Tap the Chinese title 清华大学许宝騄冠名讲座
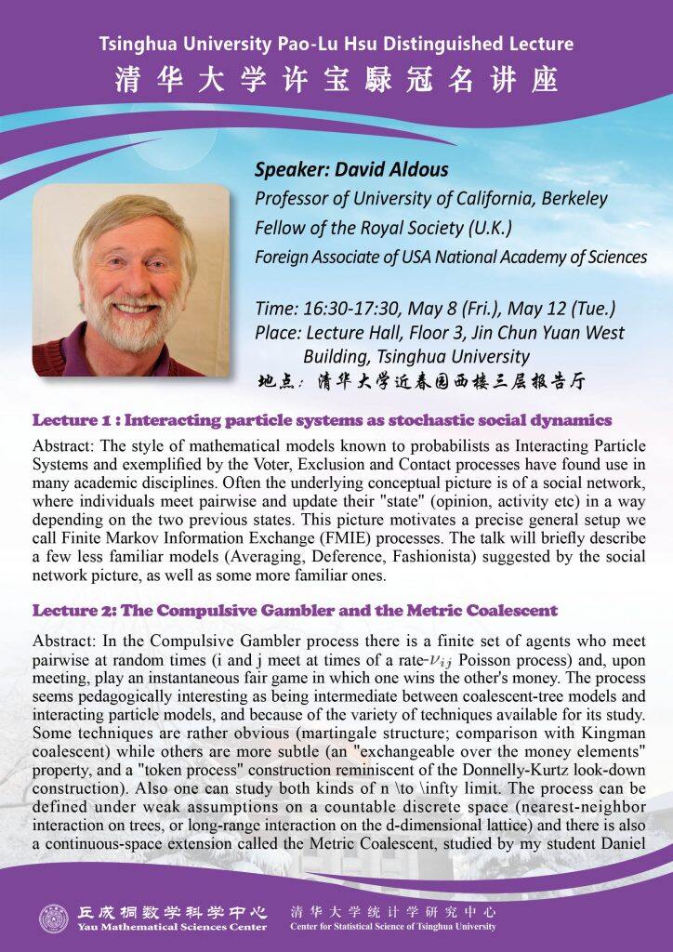coord(336,80)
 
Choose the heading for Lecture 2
coord(295,611)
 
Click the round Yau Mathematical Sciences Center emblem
coord(54,919)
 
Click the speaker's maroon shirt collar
coord(79,356)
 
